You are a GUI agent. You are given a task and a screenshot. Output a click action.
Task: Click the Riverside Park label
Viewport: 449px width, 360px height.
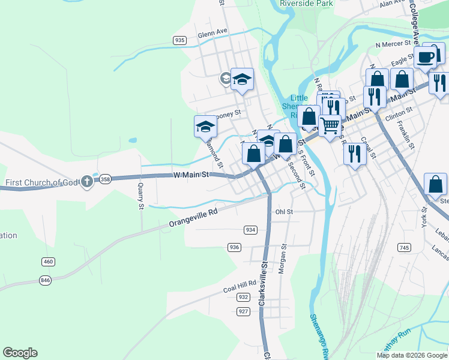[x=306, y=4]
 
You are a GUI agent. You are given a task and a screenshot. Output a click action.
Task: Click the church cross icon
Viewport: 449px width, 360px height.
[x=87, y=181]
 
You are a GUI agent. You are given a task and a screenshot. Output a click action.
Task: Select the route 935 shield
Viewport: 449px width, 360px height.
[x=179, y=40]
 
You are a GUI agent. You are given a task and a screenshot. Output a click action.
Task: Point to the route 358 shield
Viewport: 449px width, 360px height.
[x=105, y=179]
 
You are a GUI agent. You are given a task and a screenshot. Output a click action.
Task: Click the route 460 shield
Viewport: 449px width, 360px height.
[x=49, y=261]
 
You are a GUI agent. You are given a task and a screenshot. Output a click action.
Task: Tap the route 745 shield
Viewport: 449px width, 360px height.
[x=404, y=247]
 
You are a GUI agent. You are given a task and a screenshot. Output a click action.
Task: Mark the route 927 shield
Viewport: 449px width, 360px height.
[x=243, y=311]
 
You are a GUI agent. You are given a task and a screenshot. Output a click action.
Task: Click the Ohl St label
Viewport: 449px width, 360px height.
[x=284, y=212]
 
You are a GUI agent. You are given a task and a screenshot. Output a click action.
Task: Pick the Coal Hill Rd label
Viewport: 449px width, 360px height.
[x=240, y=287]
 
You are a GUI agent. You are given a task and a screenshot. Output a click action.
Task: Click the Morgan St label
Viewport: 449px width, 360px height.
[x=282, y=259]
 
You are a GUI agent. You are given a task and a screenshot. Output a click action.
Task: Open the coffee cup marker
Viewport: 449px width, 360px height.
[x=426, y=57]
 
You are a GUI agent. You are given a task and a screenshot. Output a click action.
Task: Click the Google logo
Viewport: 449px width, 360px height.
[x=20, y=353]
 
